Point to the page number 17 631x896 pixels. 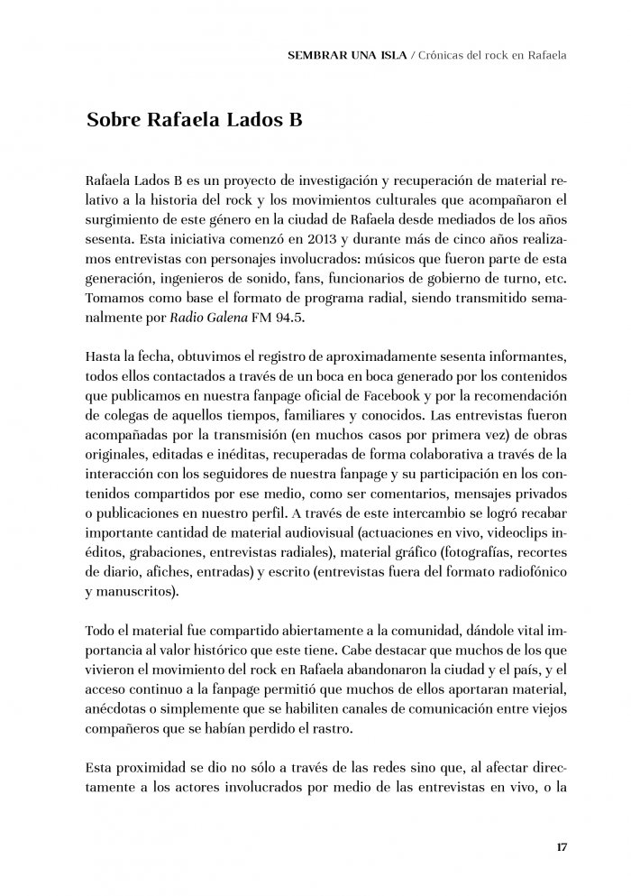[560, 846]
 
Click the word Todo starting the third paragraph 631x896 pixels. [101, 630]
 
